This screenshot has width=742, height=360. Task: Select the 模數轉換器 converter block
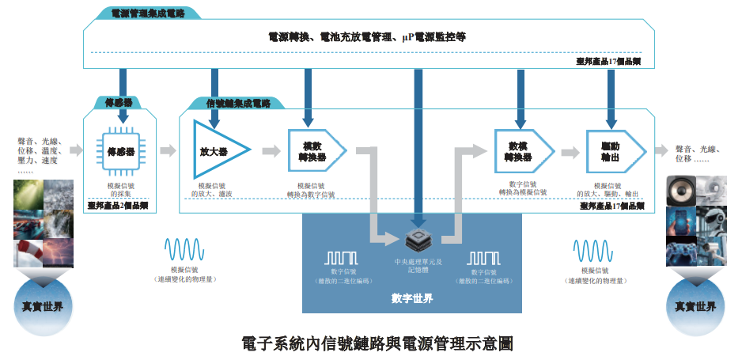314,150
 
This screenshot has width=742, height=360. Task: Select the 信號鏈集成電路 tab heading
238,103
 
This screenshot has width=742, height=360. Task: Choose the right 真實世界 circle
695,305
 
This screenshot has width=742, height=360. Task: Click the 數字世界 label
412,298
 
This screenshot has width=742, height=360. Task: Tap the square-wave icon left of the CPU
343,258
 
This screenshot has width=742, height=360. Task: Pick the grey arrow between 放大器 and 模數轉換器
271,150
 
